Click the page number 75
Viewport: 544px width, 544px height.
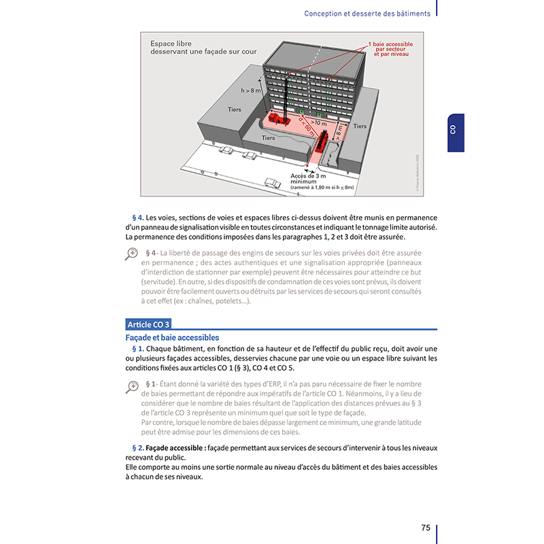[426, 528]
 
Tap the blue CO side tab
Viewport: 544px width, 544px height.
[456, 133]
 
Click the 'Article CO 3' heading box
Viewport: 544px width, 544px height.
[148, 324]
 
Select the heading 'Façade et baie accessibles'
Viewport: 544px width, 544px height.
[172, 337]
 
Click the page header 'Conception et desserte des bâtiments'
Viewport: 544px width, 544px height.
[367, 14]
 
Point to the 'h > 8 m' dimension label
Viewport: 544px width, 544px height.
[250, 90]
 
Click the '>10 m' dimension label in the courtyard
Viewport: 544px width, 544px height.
[318, 123]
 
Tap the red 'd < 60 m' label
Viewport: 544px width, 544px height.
[307, 126]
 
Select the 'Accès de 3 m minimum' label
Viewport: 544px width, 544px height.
[308, 179]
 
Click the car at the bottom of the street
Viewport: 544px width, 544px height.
[273, 183]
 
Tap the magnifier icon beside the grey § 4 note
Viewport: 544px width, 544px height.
[131, 254]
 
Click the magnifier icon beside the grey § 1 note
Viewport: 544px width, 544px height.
[131, 387]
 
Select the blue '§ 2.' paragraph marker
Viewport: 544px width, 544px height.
[138, 448]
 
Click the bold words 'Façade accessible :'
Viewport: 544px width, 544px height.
[176, 448]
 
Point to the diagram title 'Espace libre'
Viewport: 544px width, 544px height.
[171, 44]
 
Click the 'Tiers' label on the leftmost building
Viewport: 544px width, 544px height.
[235, 109]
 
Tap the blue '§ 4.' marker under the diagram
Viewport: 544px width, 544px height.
[138, 218]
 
